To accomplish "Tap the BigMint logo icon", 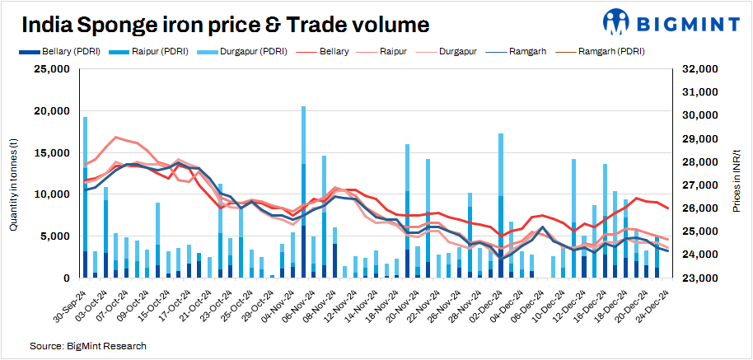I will [621, 22].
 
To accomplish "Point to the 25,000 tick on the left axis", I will [52, 70].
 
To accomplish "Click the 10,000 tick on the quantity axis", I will [52, 194].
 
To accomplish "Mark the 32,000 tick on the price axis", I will [697, 70].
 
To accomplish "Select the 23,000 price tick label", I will [697, 278].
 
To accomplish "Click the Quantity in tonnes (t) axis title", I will [14, 174].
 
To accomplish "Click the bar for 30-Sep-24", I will [85, 197].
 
